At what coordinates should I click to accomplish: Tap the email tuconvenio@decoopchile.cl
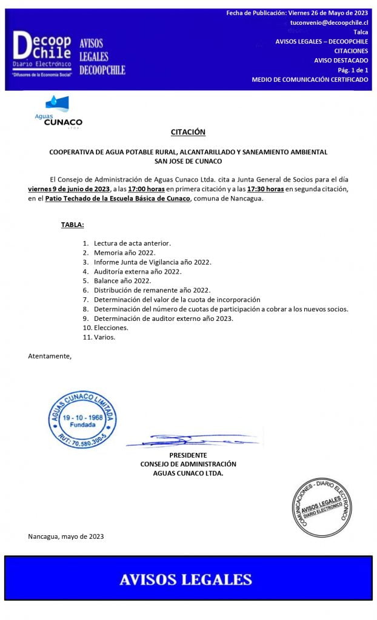click(x=329, y=22)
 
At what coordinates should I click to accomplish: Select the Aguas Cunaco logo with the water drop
click(x=58, y=111)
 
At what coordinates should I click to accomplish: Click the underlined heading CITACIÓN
click(x=188, y=132)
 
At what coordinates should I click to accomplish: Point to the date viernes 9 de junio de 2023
click(x=68, y=189)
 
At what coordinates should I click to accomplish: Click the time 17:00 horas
click(x=146, y=189)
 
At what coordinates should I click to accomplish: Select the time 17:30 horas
click(x=265, y=189)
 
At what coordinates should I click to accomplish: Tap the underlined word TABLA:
click(x=72, y=225)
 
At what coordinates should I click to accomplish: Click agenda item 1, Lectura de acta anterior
click(x=132, y=243)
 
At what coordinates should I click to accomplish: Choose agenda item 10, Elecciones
click(x=111, y=328)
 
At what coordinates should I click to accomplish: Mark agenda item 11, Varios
click(x=104, y=337)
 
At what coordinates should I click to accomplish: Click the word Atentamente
click(x=49, y=355)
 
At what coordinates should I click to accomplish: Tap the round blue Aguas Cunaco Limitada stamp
click(x=82, y=419)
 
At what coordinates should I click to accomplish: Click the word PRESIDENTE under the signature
click(x=188, y=455)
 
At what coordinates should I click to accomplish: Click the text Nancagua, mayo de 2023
click(x=65, y=536)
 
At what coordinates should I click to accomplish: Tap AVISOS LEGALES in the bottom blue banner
click(x=185, y=579)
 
